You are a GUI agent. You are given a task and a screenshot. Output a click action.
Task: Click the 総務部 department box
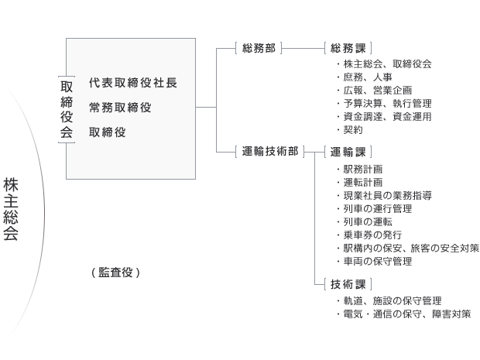pyautogui.click(x=259, y=48)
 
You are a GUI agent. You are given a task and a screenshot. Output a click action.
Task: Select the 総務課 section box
pyautogui.click(x=348, y=48)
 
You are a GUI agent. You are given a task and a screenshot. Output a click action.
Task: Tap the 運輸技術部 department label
pyautogui.click(x=270, y=151)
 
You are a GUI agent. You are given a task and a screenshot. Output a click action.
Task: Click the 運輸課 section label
pyautogui.click(x=348, y=152)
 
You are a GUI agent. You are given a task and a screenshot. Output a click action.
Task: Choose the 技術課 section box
pyautogui.click(x=348, y=284)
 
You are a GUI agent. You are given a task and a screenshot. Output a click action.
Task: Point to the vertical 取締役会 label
pyautogui.click(x=67, y=110)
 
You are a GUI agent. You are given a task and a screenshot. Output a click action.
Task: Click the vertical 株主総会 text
pyautogui.click(x=11, y=209)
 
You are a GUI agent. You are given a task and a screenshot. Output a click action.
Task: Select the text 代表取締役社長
pyautogui.click(x=133, y=83)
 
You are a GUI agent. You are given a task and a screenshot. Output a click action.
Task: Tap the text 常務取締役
pyautogui.click(x=120, y=108)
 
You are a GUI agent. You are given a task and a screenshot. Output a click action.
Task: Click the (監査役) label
pyautogui.click(x=115, y=273)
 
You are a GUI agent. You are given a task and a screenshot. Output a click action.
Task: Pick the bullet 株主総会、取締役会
pyautogui.click(x=384, y=64)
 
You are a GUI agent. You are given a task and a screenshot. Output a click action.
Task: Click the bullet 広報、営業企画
pyautogui.click(x=375, y=91)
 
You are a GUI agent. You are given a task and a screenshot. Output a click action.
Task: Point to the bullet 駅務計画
pyautogui.click(x=360, y=170)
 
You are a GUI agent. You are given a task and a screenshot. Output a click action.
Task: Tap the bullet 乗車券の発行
pyautogui.click(x=369, y=235)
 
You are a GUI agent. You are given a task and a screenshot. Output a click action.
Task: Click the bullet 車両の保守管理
pyautogui.click(x=375, y=262)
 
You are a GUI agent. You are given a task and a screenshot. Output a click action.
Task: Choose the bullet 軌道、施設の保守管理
pyautogui.click(x=389, y=301)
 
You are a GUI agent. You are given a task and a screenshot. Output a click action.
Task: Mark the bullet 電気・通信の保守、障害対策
pyautogui.click(x=404, y=314)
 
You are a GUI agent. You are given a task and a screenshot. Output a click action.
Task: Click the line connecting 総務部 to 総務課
pyautogui.click(x=303, y=48)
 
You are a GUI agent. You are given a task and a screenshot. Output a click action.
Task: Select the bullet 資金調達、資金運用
pyautogui.click(x=384, y=117)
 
